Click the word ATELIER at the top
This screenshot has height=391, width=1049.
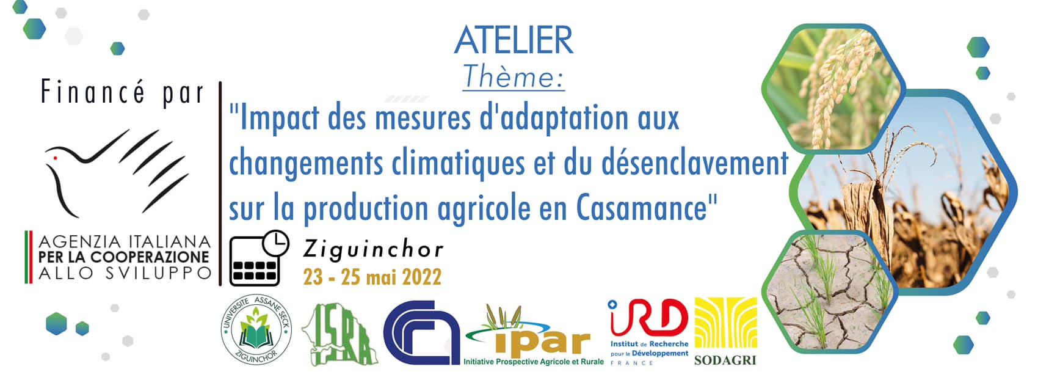click(x=514, y=40)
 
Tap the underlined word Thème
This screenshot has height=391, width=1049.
click(x=513, y=77)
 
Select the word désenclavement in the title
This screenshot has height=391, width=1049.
click(x=695, y=163)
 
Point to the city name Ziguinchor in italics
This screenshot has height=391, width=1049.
click(x=373, y=249)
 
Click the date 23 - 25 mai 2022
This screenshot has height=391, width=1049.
click(x=372, y=277)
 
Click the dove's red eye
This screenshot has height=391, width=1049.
click(x=56, y=158)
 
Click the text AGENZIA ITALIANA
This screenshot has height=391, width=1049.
click(x=125, y=242)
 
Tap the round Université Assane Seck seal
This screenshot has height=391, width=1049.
click(x=256, y=332)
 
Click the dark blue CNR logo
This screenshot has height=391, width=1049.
click(x=422, y=332)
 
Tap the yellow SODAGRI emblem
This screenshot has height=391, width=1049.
click(x=726, y=323)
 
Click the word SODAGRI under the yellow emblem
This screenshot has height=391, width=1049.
click(x=725, y=360)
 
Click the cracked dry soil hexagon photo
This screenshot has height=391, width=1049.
click(x=830, y=291)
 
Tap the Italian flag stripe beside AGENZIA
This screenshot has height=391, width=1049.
click(x=27, y=257)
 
